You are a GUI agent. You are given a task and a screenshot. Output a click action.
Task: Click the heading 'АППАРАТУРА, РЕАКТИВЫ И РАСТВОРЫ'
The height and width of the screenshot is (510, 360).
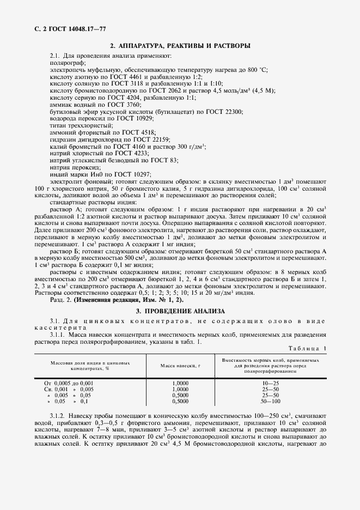pyautogui.click(x=185, y=46)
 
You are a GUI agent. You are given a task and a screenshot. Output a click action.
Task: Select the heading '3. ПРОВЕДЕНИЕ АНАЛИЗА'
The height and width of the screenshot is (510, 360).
pyautogui.click(x=180, y=311)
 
